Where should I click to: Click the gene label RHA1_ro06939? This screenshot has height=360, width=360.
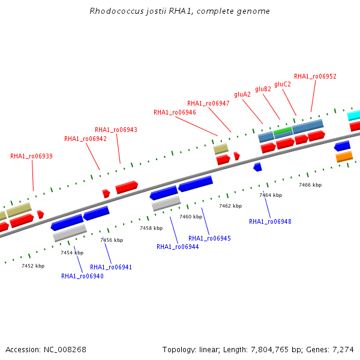tap(31, 157)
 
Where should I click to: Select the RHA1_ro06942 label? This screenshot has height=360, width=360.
tap(85, 139)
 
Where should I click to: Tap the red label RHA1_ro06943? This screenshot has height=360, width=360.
tap(116, 130)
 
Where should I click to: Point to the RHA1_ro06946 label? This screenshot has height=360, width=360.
tap(175, 113)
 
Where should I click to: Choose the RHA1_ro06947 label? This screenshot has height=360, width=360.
tap(208, 104)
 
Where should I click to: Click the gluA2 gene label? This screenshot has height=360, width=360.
tap(242, 95)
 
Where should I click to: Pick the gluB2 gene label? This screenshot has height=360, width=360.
tap(263, 89)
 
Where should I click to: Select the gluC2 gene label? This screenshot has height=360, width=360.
tap(283, 84)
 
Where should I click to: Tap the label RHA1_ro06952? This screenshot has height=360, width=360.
tap(315, 76)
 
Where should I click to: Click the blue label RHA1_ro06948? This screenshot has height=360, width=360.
tap(270, 221)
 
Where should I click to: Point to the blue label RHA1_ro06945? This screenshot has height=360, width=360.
tap(209, 239)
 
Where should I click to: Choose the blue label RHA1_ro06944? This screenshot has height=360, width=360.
tap(178, 247)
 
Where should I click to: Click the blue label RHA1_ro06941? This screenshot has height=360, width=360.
tap(111, 267)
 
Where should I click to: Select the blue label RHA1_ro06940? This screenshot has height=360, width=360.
tap(82, 276)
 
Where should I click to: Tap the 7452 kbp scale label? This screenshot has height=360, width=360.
tap(33, 266)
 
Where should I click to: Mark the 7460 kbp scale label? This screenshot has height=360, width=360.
tap(191, 217)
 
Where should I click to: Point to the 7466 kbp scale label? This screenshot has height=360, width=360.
tap(310, 185)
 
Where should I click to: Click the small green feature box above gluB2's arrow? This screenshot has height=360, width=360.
tap(283, 131)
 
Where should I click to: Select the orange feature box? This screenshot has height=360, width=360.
tap(344, 157)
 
